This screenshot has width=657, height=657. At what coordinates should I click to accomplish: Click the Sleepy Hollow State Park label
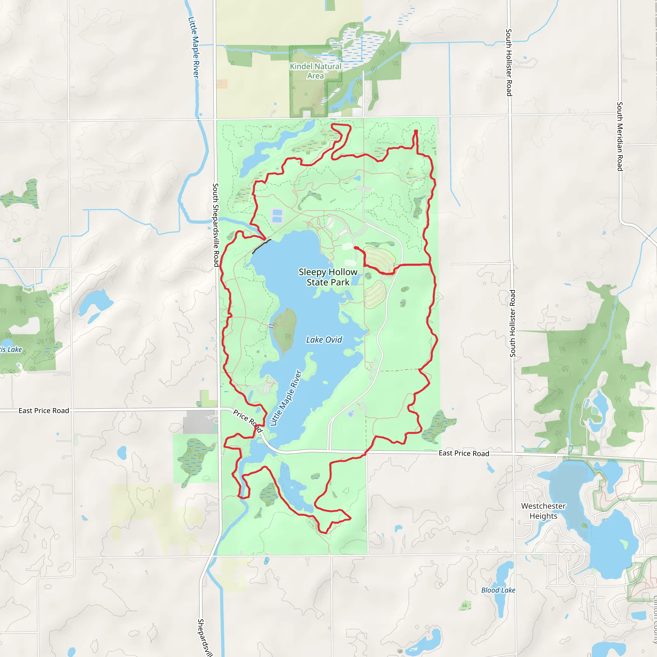point(328,277)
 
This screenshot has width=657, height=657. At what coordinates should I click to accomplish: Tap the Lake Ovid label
point(324,340)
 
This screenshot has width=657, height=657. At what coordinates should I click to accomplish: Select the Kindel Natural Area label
point(315,71)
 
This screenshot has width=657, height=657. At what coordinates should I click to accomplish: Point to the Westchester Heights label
point(543,511)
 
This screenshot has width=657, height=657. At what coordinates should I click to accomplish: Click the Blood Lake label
point(498,590)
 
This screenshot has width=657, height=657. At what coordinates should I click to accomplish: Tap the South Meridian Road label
point(619,136)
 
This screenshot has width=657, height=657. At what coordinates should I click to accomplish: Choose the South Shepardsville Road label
point(216,225)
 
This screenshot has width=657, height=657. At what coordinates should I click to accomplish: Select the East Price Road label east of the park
point(464,453)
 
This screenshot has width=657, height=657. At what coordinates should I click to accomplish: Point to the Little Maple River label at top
point(193,47)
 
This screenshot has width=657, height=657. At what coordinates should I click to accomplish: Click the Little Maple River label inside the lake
point(286,398)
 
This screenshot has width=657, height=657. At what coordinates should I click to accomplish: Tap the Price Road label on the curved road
point(248,421)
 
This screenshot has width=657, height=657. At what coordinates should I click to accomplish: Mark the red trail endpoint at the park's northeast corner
point(415,131)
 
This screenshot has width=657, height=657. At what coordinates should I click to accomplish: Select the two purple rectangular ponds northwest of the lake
point(277,216)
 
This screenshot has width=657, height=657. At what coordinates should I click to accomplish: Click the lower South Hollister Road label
point(512,323)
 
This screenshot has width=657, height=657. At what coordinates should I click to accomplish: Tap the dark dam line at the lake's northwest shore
point(261,246)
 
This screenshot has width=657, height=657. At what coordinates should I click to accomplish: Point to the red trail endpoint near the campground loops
point(356,248)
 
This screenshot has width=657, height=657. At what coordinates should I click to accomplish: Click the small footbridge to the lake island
point(271,326)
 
